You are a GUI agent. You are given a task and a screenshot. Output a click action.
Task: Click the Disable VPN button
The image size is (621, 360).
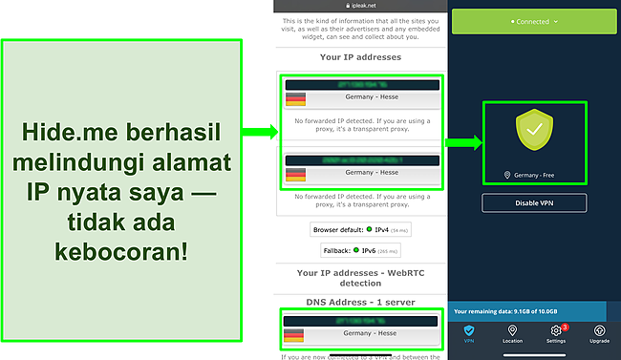pyautogui.click(x=533, y=202)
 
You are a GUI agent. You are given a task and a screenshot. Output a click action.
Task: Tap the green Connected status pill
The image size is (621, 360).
pyautogui.click(x=533, y=20)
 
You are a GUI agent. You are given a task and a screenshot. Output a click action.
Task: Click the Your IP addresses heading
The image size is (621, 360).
pyautogui.click(x=361, y=56)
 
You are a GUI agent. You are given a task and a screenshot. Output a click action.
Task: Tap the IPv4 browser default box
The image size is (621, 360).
pyautogui.click(x=361, y=230)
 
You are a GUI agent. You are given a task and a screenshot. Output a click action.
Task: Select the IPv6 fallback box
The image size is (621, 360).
pyautogui.click(x=361, y=250)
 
